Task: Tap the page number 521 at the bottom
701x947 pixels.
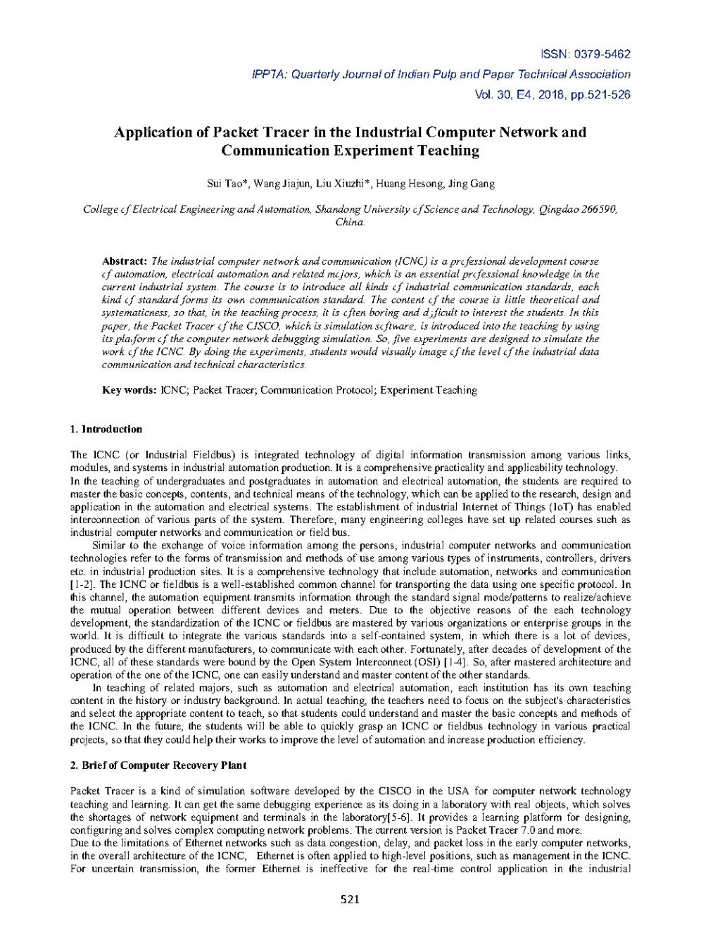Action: [350, 899]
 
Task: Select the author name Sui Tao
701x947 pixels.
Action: [225, 184]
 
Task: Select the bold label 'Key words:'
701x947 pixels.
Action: [129, 390]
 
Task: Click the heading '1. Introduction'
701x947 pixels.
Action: [106, 429]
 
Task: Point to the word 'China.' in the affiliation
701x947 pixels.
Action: [350, 222]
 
